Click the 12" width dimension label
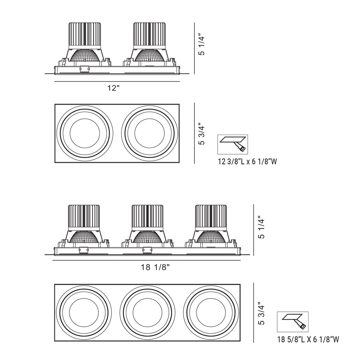(x=113, y=89)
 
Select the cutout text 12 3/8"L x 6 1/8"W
(x=247, y=162)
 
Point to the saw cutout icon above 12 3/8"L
(x=233, y=144)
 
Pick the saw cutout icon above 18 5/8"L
(x=293, y=321)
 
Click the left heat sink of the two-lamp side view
(x=85, y=35)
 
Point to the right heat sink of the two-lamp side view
(x=149, y=35)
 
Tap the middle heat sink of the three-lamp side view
(x=147, y=217)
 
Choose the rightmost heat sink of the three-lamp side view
(x=211, y=217)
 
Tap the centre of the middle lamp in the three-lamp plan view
(x=147, y=312)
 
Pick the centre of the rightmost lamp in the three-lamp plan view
(x=211, y=312)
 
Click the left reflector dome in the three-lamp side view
(x=84, y=238)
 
